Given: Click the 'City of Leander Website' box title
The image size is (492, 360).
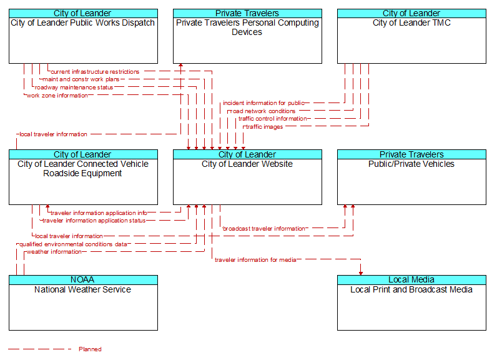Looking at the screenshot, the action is [247, 164].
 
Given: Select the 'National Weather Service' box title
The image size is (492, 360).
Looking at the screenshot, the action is [83, 289].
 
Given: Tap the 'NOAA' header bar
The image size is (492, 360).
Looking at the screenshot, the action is [83, 280].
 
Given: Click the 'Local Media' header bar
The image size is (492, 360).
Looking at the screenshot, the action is [411, 280].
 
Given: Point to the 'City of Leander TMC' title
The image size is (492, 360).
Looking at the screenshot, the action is [411, 23].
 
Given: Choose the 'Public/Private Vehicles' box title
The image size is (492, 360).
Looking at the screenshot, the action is [411, 164].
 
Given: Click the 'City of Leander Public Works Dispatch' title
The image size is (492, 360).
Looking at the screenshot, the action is [83, 23].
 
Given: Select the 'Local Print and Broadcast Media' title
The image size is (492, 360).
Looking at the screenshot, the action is [411, 289].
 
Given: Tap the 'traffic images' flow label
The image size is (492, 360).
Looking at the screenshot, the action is [265, 127].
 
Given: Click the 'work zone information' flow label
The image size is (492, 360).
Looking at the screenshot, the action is [57, 96].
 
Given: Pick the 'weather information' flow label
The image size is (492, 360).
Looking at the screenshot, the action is [54, 252].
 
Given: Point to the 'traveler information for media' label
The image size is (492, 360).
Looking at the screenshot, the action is [255, 260].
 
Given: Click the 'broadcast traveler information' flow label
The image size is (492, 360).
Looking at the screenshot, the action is [264, 229].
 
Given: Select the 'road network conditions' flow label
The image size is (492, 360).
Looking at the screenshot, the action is [263, 111].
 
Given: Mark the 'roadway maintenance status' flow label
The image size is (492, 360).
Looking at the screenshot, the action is [74, 87].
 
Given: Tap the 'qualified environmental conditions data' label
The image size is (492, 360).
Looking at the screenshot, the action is [74, 244].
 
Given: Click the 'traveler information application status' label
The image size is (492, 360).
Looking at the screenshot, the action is [94, 221].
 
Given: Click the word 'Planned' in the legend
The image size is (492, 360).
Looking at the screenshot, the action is [90, 349].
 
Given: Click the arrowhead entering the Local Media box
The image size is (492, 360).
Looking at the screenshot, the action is [361, 273].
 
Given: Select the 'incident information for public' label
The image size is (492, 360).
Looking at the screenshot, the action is [264, 103].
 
